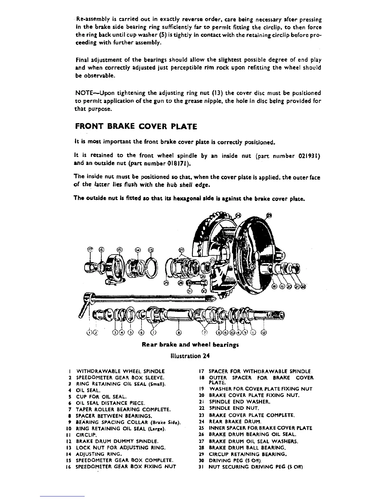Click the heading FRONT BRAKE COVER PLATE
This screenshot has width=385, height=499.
point(136,127)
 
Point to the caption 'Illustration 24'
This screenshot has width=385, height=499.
point(190,356)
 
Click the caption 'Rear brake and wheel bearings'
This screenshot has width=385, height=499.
point(190,345)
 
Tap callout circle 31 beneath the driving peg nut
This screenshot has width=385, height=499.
point(189,291)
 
